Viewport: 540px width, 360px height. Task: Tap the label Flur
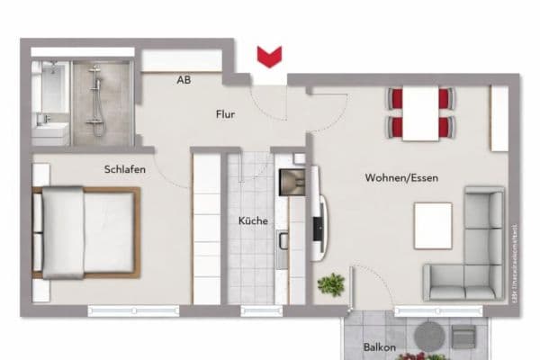click(226, 114)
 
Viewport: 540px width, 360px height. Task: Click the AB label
click(184, 80)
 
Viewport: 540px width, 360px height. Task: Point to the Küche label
click(253, 220)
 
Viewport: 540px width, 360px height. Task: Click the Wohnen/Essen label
click(401, 178)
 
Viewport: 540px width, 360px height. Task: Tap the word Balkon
click(380, 346)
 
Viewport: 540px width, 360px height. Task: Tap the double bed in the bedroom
click(85, 232)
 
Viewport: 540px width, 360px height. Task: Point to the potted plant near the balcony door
click(331, 285)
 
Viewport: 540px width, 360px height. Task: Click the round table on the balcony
click(428, 337)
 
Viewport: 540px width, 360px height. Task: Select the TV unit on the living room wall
click(318, 227)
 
